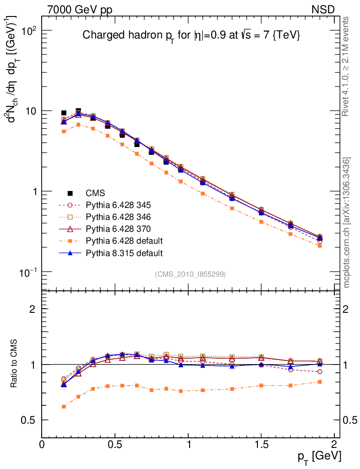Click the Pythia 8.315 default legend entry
click(x=124, y=253)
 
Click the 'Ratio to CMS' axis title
click(x=14, y=364)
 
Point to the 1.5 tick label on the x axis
click(x=261, y=445)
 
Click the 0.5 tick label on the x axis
click(x=115, y=445)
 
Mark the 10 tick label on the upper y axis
click(x=29, y=111)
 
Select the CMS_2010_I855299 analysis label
click(x=190, y=274)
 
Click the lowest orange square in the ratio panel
click(x=64, y=407)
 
